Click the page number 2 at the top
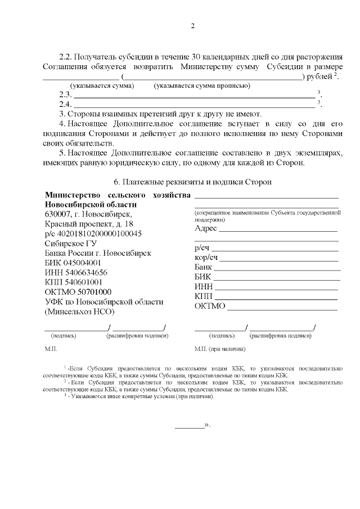click(x=192, y=25)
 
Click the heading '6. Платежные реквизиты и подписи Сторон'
click(x=192, y=182)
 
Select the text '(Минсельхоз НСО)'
click(x=79, y=311)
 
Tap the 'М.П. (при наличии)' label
click(x=219, y=349)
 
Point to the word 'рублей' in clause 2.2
click(x=319, y=76)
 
